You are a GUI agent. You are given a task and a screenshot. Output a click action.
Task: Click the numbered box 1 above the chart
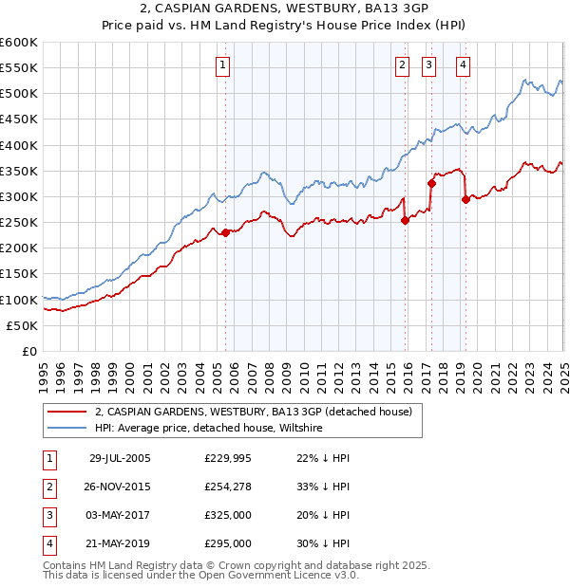[222, 65]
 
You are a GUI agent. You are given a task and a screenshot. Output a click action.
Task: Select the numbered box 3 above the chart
[429, 65]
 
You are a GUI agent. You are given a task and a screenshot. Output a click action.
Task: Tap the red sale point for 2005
[226, 233]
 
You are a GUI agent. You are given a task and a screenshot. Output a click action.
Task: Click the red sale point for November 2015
[406, 220]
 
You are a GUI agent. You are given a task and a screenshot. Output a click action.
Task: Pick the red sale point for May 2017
[431, 184]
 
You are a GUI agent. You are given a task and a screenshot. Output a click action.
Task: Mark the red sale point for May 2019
[465, 199]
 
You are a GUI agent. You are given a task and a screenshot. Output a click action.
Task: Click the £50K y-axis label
[23, 325]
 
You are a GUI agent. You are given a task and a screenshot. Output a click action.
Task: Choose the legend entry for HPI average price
[209, 429]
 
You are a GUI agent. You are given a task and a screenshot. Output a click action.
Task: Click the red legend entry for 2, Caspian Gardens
[253, 412]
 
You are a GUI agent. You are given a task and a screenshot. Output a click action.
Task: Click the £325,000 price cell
[228, 516]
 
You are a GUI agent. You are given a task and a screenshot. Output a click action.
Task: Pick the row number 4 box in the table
[48, 544]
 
